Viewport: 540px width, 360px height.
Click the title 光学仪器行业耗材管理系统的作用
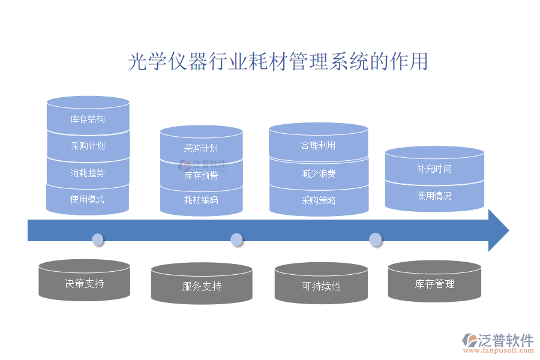click(x=278, y=62)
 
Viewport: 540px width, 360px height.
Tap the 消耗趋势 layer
click(x=88, y=173)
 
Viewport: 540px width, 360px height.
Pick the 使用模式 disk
click(x=88, y=199)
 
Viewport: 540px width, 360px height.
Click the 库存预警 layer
click(x=201, y=176)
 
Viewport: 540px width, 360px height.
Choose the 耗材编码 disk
click(x=201, y=200)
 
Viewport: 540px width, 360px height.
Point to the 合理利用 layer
click(x=318, y=146)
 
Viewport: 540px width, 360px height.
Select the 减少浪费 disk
click(x=318, y=174)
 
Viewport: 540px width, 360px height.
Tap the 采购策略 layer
click(x=318, y=200)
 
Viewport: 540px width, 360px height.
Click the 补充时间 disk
click(x=434, y=169)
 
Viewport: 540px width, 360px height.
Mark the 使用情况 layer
click(x=434, y=196)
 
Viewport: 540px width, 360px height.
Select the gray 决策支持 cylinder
click(x=84, y=283)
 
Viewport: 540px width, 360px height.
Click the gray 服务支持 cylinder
click(x=202, y=286)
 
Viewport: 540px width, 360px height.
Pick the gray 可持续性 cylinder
click(x=321, y=286)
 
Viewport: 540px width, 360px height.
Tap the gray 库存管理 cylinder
click(x=434, y=284)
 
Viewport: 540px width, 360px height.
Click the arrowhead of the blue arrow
click(x=498, y=230)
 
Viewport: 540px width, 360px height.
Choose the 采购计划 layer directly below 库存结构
click(x=88, y=146)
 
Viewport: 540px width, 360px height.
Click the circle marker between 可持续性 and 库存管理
click(x=376, y=240)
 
